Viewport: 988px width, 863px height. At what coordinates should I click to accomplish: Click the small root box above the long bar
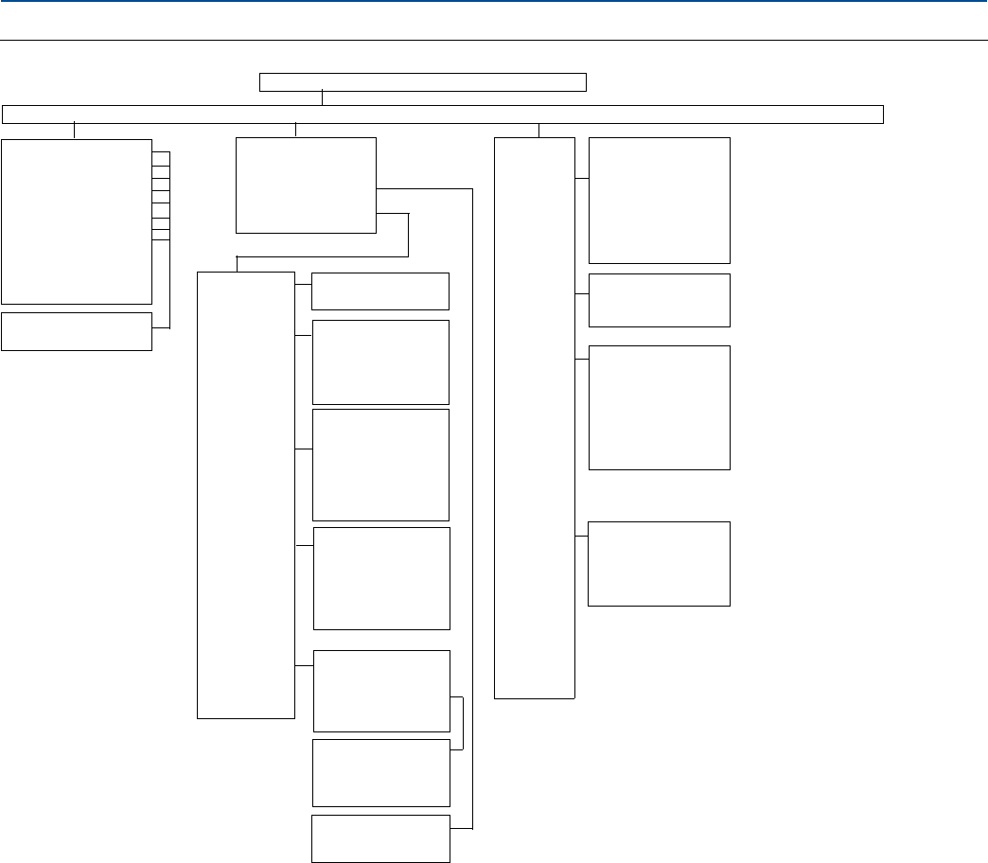tap(423, 81)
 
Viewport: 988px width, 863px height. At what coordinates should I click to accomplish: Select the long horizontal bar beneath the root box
tap(443, 114)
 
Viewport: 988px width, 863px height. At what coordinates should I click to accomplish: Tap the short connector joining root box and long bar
tap(323, 98)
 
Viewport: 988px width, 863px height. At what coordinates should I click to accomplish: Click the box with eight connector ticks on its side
tap(77, 220)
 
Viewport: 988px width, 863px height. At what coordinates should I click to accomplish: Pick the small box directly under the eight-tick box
tap(77, 331)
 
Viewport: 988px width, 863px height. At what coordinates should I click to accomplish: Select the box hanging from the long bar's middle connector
tap(306, 185)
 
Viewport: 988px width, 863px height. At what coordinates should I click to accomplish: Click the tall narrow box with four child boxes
tap(535, 417)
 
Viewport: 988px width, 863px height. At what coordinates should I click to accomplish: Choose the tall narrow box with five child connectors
tap(246, 495)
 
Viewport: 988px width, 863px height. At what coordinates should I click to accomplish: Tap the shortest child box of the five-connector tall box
tap(380, 291)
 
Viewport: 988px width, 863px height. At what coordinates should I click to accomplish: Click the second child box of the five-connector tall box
tap(380, 362)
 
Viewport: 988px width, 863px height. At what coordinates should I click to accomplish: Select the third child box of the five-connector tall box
tap(380, 465)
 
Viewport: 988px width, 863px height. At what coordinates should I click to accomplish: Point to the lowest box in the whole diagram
tap(380, 838)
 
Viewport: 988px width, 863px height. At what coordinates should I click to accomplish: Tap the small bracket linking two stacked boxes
tap(462, 723)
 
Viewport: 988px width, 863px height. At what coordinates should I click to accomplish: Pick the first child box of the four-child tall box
tap(660, 200)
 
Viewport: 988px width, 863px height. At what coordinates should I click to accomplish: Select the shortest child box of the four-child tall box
tap(660, 300)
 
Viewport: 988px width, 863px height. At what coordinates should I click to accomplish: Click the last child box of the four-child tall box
tap(660, 563)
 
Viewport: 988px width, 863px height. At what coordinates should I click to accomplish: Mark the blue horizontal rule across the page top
tap(494, 2)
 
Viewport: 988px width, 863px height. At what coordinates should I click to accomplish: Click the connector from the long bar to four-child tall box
tap(538, 131)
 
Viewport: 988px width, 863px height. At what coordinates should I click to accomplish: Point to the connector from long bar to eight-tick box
tap(74, 131)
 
